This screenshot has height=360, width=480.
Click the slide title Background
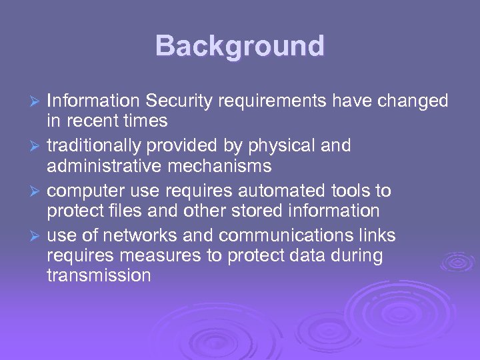pyautogui.click(x=240, y=47)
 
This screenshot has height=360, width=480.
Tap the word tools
pyautogui.click(x=351, y=191)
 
